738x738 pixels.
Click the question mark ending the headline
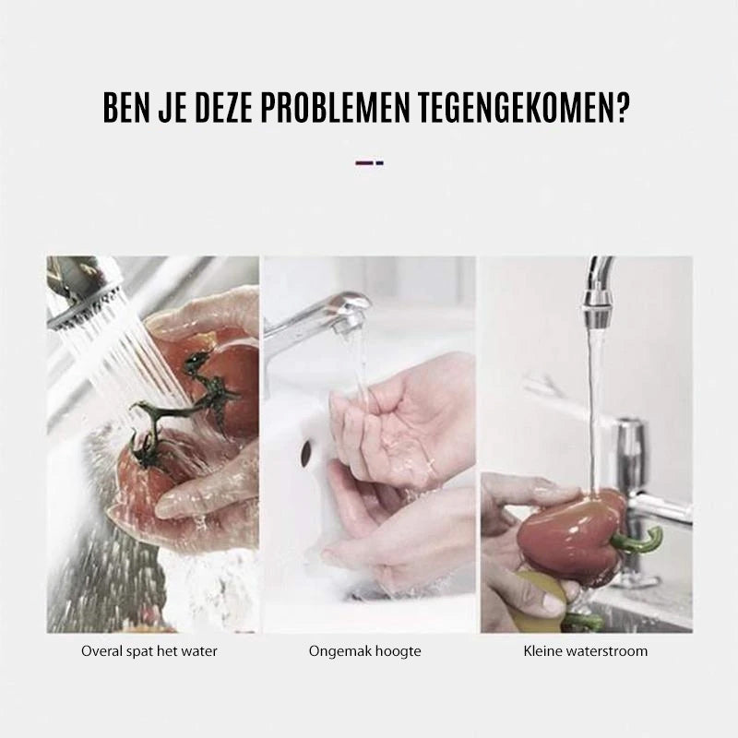pyautogui.click(x=622, y=108)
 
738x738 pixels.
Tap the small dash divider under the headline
pyautogui.click(x=370, y=163)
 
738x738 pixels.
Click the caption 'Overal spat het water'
pyautogui.click(x=149, y=651)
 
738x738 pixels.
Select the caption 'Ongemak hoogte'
pyautogui.click(x=364, y=651)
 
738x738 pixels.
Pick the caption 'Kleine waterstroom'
pyautogui.click(x=586, y=651)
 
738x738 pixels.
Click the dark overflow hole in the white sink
pyautogui.click(x=306, y=452)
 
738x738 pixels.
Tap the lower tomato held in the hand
pyautogui.click(x=141, y=475)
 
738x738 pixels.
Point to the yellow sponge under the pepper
pyautogui.click(x=542, y=598)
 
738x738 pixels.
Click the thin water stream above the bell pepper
pyautogui.click(x=594, y=410)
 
